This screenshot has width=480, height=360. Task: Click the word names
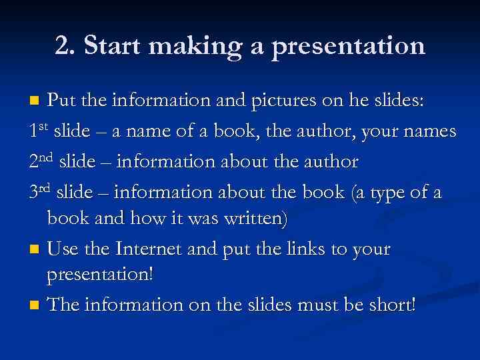429,131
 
